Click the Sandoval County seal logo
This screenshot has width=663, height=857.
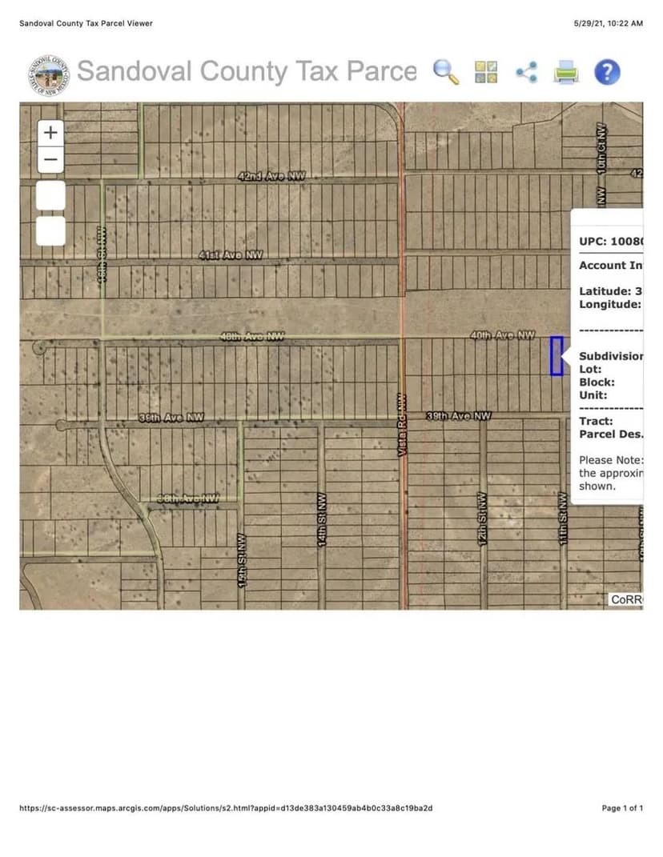click(47, 74)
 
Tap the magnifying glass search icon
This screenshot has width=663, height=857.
click(446, 72)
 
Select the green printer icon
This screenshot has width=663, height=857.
click(566, 73)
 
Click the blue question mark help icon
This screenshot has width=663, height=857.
click(607, 73)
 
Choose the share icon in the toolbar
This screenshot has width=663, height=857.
click(526, 73)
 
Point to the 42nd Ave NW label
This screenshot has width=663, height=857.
click(271, 176)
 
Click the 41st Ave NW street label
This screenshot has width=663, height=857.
click(231, 255)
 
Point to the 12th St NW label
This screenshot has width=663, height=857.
click(483, 518)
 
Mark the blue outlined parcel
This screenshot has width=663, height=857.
click(557, 356)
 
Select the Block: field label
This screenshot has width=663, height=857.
click(597, 382)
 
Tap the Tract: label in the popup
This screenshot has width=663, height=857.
click(596, 421)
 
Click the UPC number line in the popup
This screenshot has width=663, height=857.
click(610, 241)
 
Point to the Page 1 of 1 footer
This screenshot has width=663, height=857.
click(622, 808)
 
